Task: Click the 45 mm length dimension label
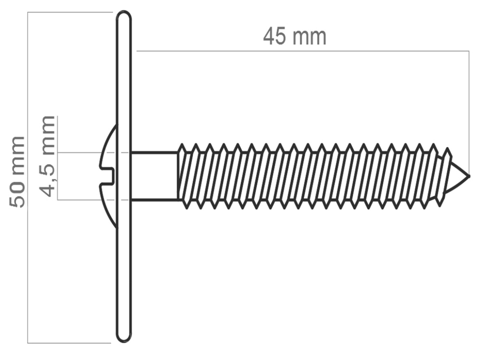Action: [295, 37]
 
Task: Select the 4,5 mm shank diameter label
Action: [48, 156]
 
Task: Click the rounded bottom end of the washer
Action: [123, 337]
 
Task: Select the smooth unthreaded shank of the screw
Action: [154, 176]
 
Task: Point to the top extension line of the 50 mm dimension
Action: [70, 13]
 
